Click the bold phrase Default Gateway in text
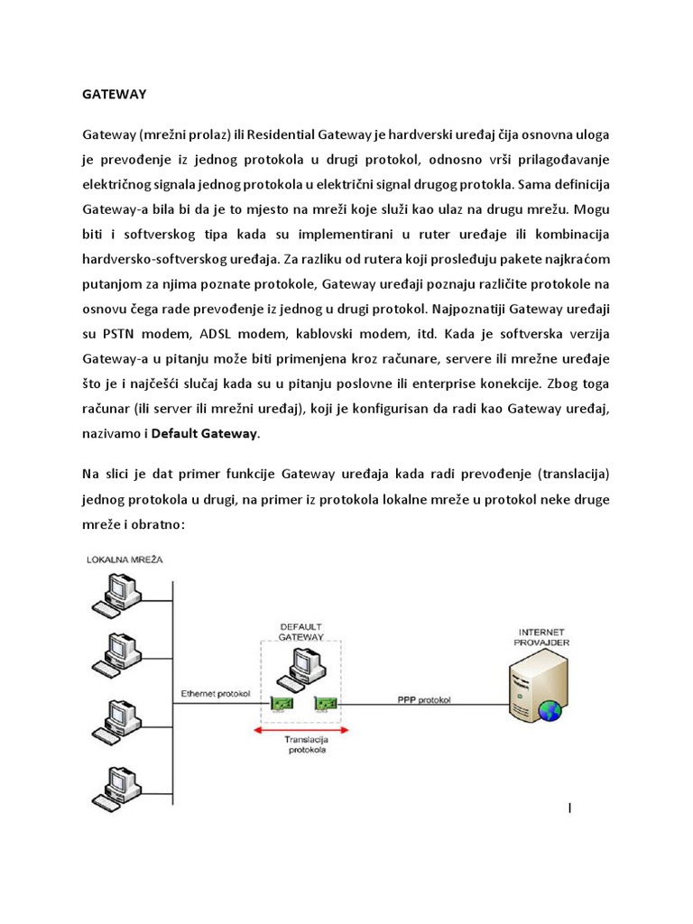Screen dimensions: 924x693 205,434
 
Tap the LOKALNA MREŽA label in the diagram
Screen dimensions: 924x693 126,560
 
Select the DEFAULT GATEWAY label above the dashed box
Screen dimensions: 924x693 301,632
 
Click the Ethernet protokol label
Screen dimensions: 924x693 215,693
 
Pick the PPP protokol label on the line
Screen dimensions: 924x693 424,699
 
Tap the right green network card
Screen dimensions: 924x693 325,704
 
